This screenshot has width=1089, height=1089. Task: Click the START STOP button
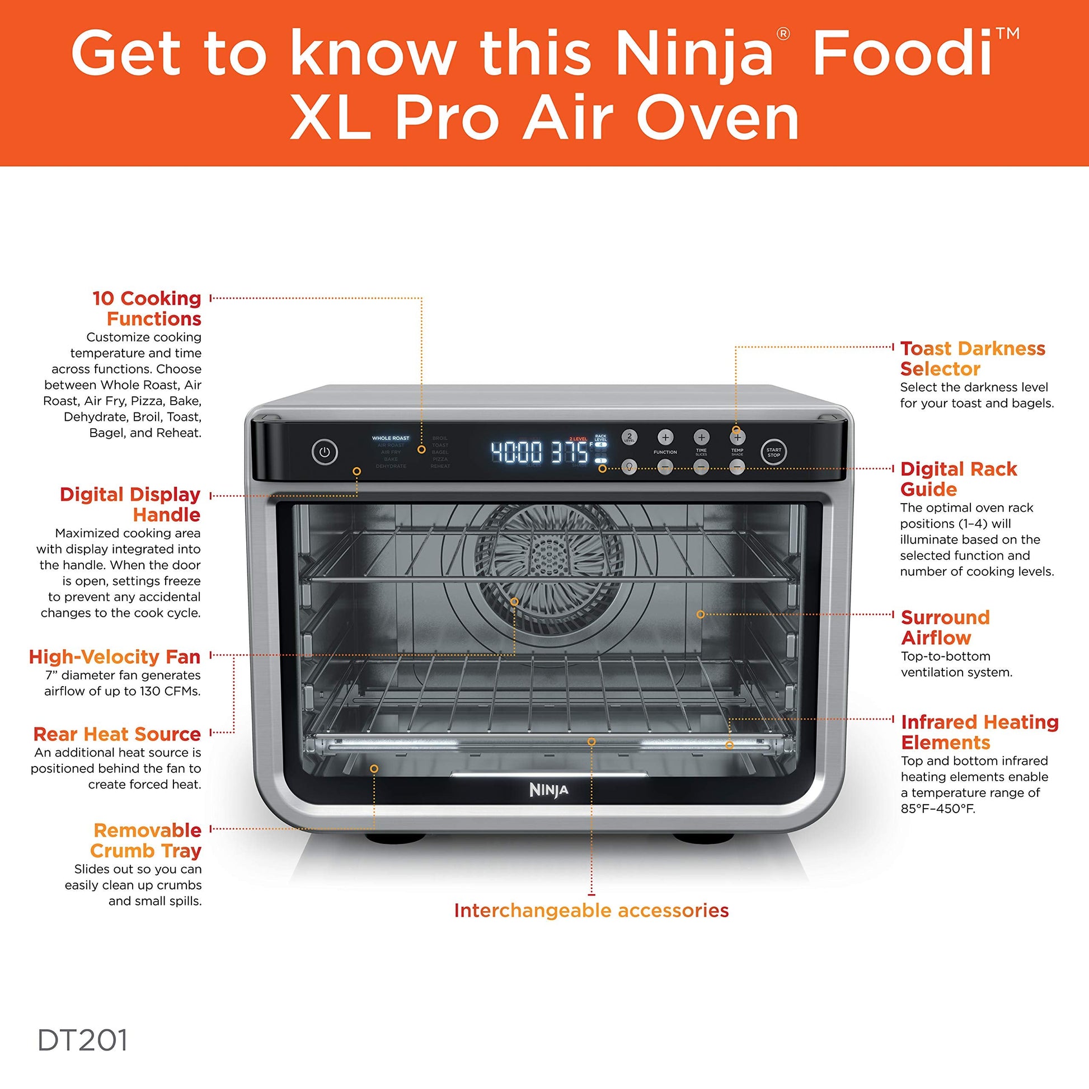point(773,453)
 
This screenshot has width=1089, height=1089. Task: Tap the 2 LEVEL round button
point(629,437)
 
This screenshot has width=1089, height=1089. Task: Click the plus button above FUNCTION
point(665,437)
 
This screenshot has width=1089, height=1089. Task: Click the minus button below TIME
point(701,467)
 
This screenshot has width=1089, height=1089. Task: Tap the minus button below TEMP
point(737,467)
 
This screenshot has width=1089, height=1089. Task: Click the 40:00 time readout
point(517,452)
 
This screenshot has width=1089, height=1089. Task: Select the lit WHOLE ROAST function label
point(391,438)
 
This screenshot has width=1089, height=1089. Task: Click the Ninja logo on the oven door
point(548,790)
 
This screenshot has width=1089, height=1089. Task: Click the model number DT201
point(83,1040)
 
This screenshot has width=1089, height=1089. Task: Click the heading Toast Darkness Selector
point(973,359)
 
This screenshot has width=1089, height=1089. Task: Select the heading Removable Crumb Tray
point(147,841)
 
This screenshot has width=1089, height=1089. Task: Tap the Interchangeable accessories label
point(592,910)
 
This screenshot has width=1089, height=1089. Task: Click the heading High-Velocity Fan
point(115,656)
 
